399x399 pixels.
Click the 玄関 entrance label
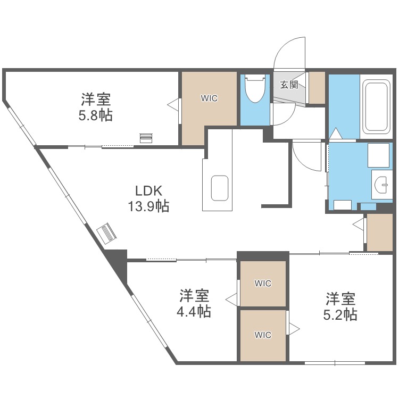289,85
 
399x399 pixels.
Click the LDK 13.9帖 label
148,198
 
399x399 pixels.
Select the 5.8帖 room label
96,107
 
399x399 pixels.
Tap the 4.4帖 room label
194,303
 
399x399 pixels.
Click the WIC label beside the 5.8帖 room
209,98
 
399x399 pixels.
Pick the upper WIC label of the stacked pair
263,284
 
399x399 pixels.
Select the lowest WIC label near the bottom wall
263,335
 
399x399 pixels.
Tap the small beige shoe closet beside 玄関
317,87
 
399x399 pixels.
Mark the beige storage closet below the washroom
380,231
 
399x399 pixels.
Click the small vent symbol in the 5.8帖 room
145,138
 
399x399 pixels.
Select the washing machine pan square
379,155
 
